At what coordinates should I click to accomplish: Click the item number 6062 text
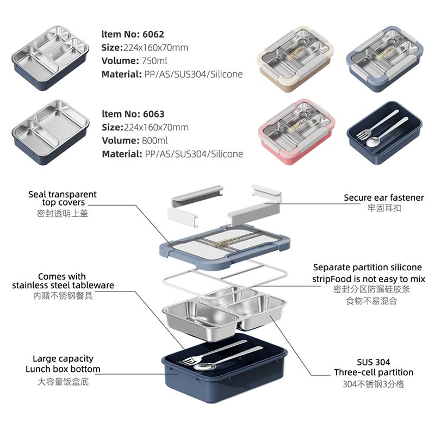tap(133, 34)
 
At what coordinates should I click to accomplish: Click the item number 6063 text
tap(133, 114)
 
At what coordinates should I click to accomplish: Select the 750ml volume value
tap(153, 61)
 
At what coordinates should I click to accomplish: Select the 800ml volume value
tap(154, 141)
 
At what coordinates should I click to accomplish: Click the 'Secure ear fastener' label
tap(383, 198)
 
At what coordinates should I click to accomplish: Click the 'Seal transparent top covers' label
tap(63, 198)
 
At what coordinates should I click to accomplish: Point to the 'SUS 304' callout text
tap(373, 362)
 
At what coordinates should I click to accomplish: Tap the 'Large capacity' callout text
tap(63, 359)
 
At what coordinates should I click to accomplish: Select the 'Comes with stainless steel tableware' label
tap(63, 281)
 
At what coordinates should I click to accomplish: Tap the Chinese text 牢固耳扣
tap(383, 208)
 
